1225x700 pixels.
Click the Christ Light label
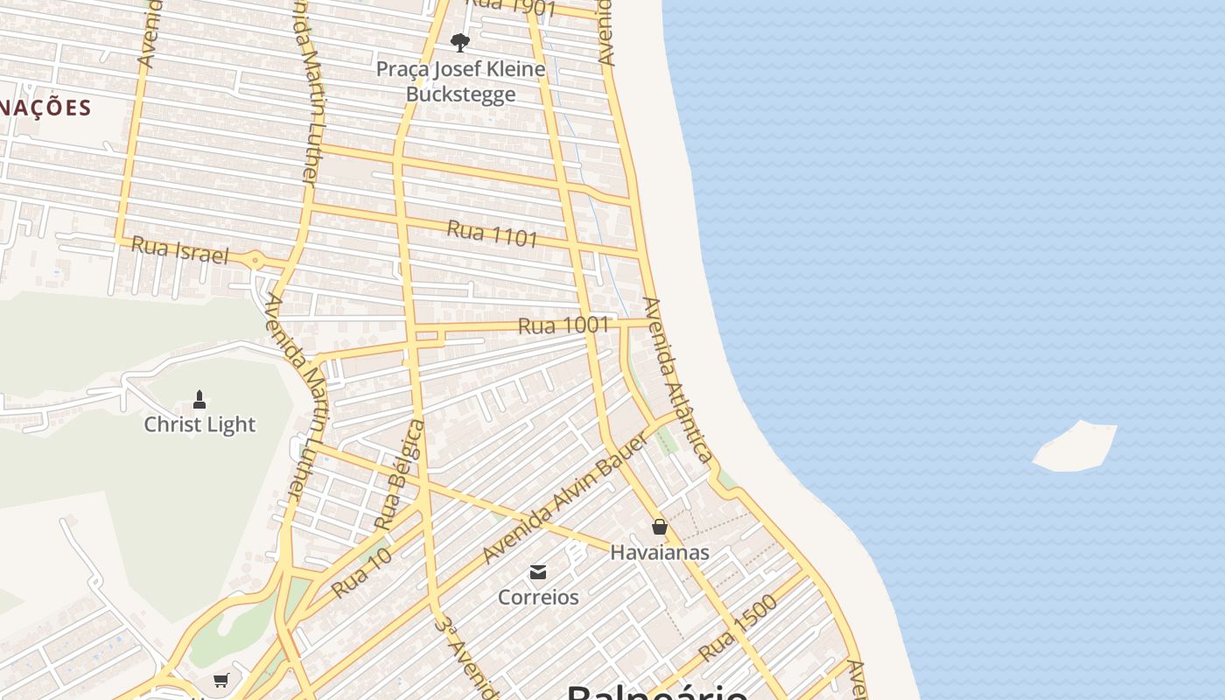(x=199, y=424)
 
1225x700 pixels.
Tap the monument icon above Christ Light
(x=199, y=400)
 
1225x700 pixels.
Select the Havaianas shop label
(x=660, y=552)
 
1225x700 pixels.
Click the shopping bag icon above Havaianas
(x=660, y=527)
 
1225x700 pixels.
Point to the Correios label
(x=538, y=597)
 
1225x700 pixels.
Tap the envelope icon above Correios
(x=538, y=572)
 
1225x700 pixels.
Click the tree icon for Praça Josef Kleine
(x=459, y=42)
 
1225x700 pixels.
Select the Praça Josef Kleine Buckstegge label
(x=460, y=80)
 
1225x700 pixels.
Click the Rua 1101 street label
(x=492, y=234)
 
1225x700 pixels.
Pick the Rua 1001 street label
(x=563, y=325)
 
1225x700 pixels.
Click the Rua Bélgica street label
(x=399, y=475)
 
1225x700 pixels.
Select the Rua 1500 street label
(x=738, y=628)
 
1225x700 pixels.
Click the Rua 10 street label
(x=360, y=574)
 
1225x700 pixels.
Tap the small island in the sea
(x=1076, y=447)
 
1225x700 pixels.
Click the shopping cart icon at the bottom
(x=221, y=680)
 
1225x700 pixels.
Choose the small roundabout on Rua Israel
(x=255, y=259)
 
